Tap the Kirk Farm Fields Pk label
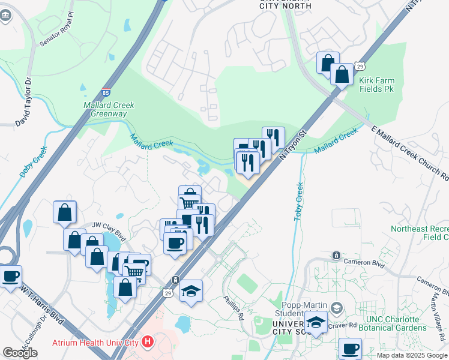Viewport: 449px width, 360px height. [376, 84]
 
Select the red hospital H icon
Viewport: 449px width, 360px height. [147, 343]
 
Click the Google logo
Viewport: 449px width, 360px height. [20, 353]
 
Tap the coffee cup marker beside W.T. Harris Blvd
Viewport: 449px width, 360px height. [11, 277]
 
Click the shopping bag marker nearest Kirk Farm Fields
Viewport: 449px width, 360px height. [342, 75]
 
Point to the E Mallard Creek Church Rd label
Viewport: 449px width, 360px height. [410, 154]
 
